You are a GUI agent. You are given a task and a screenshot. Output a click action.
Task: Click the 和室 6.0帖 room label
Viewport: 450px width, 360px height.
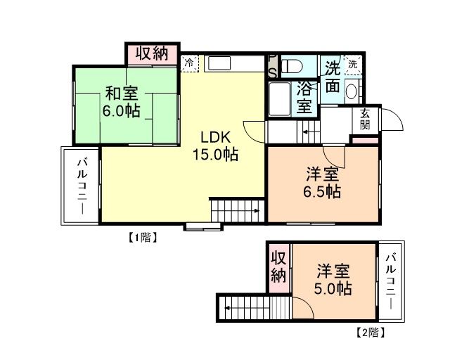[122, 102]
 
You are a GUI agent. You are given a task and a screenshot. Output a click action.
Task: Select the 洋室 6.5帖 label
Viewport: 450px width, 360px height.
[323, 182]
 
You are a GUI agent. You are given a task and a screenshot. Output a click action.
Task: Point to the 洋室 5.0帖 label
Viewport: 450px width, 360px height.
[333, 279]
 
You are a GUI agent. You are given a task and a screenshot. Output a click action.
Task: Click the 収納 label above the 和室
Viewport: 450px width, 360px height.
[151, 53]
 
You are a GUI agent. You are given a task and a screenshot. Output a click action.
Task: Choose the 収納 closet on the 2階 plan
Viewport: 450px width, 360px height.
[278, 266]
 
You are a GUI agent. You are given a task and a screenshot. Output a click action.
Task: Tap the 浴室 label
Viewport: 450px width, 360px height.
[304, 98]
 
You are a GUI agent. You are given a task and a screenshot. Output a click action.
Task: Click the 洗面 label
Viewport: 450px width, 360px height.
[333, 78]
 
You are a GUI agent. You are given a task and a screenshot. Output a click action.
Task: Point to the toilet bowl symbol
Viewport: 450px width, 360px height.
[293, 66]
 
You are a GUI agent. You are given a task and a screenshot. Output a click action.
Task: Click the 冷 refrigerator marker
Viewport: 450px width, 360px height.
[190, 63]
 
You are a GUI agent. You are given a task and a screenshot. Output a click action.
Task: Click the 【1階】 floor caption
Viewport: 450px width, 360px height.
[142, 237]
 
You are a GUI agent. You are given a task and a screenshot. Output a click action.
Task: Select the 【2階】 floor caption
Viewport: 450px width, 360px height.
[371, 329]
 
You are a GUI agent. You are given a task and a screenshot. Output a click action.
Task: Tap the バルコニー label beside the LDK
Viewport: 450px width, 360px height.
[82, 186]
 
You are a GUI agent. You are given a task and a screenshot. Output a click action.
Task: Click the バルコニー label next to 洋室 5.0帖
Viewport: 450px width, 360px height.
[391, 281]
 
